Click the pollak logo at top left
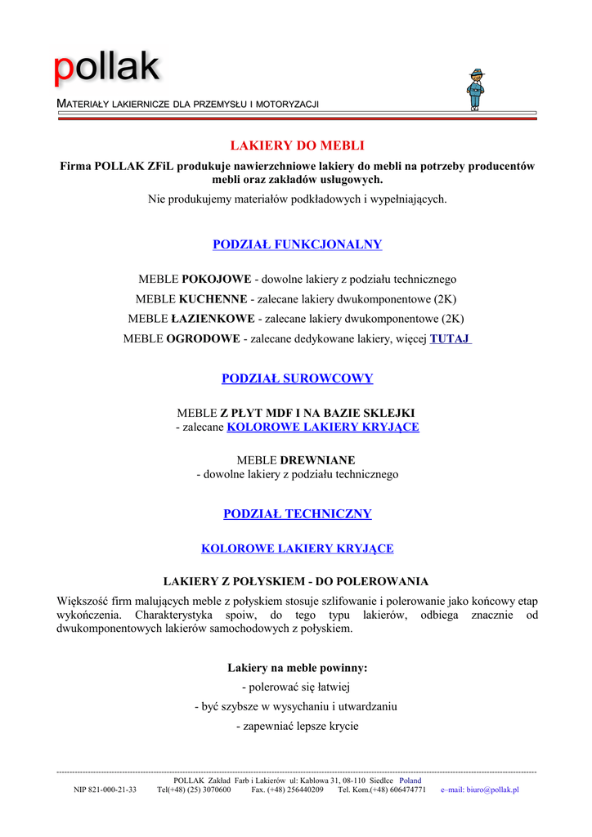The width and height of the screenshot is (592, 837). point(107,69)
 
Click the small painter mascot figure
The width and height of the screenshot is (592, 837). point(476,90)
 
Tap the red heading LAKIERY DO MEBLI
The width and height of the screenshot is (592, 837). point(297,145)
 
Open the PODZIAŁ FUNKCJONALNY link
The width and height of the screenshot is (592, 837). point(297,244)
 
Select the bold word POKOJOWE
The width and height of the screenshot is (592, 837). point(217,280)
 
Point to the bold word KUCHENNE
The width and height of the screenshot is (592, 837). point(212,299)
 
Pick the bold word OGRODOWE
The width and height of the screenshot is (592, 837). point(203,338)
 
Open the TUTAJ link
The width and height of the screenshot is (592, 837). point(450,338)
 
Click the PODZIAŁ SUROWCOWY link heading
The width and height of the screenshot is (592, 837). point(297,378)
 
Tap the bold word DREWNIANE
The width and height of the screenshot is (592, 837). point(317,460)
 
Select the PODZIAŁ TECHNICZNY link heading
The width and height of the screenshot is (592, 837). point(297,514)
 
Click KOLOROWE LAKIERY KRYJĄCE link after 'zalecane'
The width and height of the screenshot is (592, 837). point(322,427)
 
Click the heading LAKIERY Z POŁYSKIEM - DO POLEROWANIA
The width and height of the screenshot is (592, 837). point(296,582)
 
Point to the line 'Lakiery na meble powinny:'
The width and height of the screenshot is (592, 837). point(297,668)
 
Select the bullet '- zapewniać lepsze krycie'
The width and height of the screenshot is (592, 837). point(297,726)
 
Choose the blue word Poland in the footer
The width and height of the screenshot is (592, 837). point(410,781)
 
